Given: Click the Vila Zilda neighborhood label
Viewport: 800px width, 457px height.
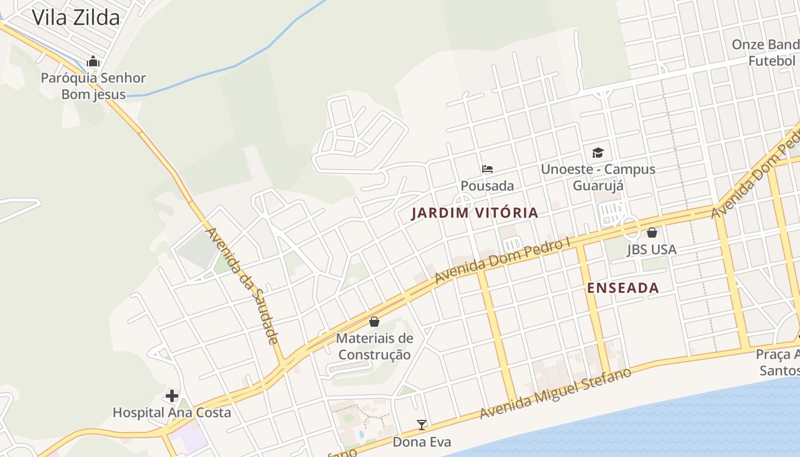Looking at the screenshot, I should point(75,17).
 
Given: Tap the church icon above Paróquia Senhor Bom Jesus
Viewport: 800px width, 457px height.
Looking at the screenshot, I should point(93,61).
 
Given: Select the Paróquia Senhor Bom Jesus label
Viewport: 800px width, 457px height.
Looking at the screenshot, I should point(93,86).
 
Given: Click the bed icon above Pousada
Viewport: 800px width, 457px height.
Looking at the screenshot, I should point(487,169).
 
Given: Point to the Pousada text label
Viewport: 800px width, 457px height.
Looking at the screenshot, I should point(487,186).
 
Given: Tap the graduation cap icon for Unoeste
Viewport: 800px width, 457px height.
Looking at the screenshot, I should point(598,153).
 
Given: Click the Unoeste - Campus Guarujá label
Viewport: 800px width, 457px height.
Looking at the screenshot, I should point(598,177).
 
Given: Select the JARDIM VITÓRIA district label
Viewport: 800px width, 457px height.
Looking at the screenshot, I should point(475,213).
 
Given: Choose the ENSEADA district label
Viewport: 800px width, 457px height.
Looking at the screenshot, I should point(623,288).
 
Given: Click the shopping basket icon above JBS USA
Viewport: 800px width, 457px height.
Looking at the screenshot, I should point(652,232).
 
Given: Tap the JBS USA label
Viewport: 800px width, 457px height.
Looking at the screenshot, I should point(651,250).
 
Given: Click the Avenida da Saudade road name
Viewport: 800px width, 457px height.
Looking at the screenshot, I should point(242,285).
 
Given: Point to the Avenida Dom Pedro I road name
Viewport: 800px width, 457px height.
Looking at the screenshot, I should point(503,259).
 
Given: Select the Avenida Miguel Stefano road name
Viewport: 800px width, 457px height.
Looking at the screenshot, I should point(555,393).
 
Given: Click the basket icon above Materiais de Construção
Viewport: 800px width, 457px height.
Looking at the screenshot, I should point(374,322).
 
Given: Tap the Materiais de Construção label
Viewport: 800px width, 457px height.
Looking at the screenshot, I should point(374,346).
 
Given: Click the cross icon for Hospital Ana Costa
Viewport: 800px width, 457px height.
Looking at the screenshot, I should point(171,395).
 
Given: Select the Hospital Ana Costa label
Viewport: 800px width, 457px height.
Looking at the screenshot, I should point(171,412).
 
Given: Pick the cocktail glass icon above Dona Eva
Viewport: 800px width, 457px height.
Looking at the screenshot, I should point(422,424).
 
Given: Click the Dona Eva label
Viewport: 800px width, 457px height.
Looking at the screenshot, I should point(422,442).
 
